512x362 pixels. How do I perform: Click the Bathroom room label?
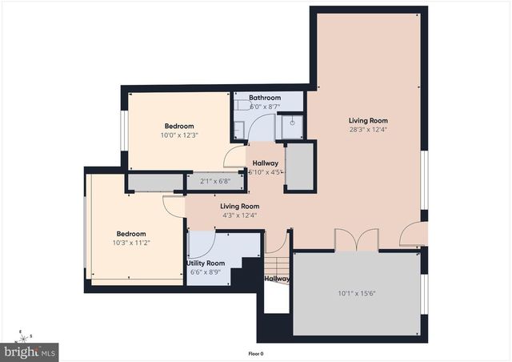[264, 98]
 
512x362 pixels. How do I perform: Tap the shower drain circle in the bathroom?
[293, 123]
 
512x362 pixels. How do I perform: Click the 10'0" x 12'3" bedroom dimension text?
[179, 135]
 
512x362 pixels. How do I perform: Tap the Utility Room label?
[206, 263]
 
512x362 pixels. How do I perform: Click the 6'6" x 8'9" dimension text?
[206, 272]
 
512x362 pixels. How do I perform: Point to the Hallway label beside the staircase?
[278, 279]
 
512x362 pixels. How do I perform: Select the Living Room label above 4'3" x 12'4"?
[240, 206]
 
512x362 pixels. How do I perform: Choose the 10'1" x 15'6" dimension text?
[358, 293]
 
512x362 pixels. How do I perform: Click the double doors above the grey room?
[357, 239]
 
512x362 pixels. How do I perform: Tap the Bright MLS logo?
[30, 351]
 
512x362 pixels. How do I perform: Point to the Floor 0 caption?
[256, 353]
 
